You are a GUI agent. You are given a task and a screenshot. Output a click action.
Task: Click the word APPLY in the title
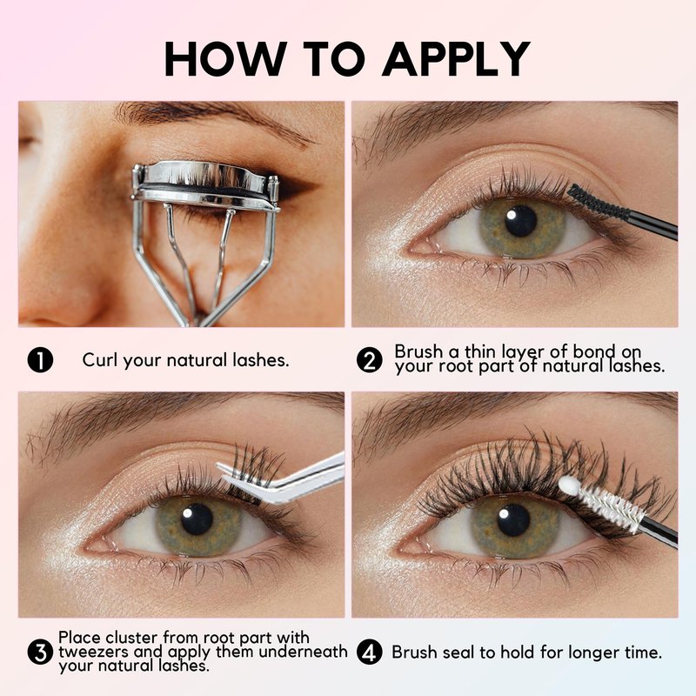456,59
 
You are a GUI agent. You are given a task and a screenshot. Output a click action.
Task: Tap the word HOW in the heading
225,59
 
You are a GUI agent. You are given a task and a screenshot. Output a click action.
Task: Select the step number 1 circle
40,360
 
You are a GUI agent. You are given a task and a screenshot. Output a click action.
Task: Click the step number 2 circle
369,360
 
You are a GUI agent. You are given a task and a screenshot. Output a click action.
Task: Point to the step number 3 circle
40,652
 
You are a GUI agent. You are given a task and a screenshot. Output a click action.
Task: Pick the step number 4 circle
369,652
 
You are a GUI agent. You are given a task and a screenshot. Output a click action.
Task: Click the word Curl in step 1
100,359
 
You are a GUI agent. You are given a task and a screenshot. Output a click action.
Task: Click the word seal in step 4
461,652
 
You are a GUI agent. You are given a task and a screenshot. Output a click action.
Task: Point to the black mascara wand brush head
598,202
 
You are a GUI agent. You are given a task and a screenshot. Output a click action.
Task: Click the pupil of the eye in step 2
520,221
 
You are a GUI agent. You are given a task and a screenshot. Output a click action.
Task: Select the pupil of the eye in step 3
197,519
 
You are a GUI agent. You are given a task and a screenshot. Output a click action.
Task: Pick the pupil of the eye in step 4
513,519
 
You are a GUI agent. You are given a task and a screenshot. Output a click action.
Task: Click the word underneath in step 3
303,652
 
